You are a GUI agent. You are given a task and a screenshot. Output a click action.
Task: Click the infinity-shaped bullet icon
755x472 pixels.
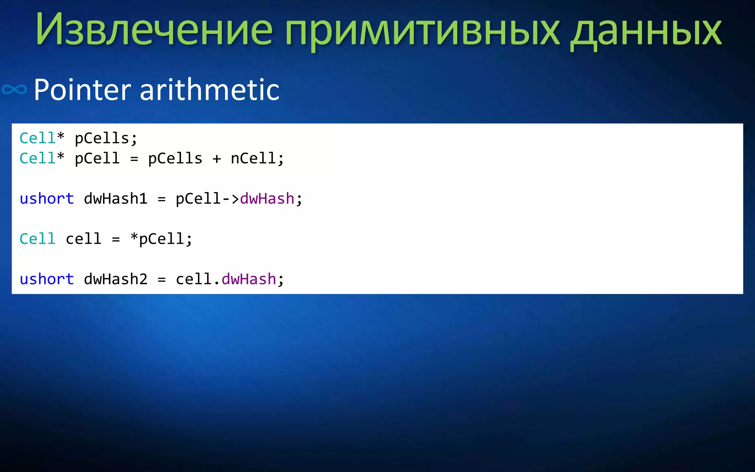point(14,90)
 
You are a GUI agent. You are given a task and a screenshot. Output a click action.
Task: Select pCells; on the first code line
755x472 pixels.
point(106,139)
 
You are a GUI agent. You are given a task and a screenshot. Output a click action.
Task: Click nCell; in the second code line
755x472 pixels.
point(257,159)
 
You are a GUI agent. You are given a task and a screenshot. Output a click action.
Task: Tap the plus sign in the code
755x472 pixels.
point(216,159)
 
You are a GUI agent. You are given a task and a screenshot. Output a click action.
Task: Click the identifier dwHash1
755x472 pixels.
point(115,199)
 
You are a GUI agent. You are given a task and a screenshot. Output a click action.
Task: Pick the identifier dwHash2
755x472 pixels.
point(115,279)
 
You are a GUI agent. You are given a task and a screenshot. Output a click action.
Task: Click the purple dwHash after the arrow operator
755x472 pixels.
point(267,199)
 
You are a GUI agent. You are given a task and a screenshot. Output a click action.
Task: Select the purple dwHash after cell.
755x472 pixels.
point(248,279)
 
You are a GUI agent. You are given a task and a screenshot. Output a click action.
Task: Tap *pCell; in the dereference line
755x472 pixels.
point(161,239)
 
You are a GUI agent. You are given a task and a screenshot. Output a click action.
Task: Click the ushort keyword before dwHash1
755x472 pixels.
point(47,199)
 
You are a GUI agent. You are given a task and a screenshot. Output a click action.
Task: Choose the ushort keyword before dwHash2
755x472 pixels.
point(47,279)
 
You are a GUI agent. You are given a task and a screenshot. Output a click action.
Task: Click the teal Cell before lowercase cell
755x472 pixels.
point(37,239)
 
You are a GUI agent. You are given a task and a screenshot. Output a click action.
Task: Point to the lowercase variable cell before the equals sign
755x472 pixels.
point(83,239)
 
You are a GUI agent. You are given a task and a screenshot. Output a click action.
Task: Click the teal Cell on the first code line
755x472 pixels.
point(37,139)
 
